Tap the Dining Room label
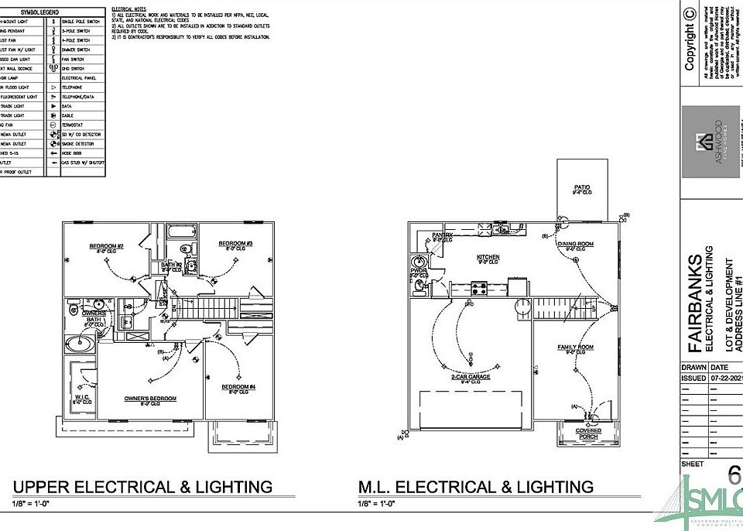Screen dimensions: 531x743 pos(576,245)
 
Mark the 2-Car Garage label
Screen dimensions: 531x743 pos(471,377)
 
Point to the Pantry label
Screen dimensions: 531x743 pos(442,235)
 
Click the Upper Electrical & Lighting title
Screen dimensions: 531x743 pos(142,487)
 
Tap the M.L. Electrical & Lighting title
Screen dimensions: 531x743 pos(475,487)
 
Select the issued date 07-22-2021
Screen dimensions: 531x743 pos(728,379)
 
